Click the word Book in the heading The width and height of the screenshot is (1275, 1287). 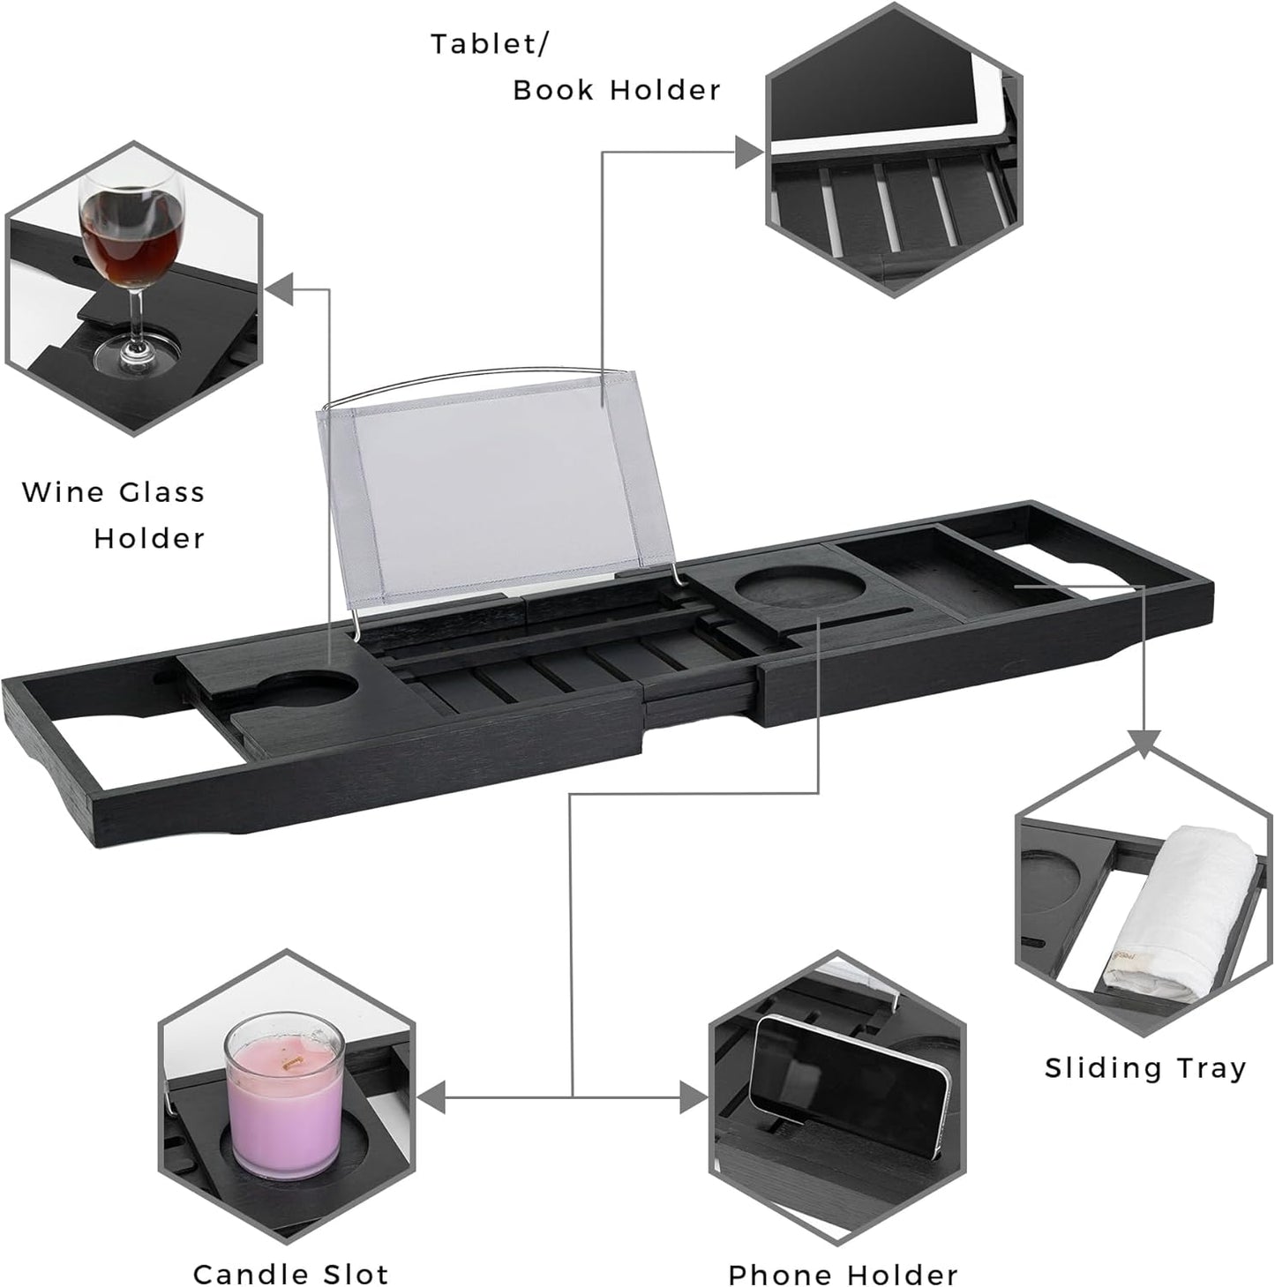click(553, 90)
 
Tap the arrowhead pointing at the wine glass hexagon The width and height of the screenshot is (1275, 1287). click(280, 288)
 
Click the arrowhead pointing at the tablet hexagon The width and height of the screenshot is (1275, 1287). click(750, 152)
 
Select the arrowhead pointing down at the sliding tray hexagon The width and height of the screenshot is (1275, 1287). click(1144, 744)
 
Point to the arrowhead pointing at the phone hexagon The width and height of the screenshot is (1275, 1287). click(695, 1098)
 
